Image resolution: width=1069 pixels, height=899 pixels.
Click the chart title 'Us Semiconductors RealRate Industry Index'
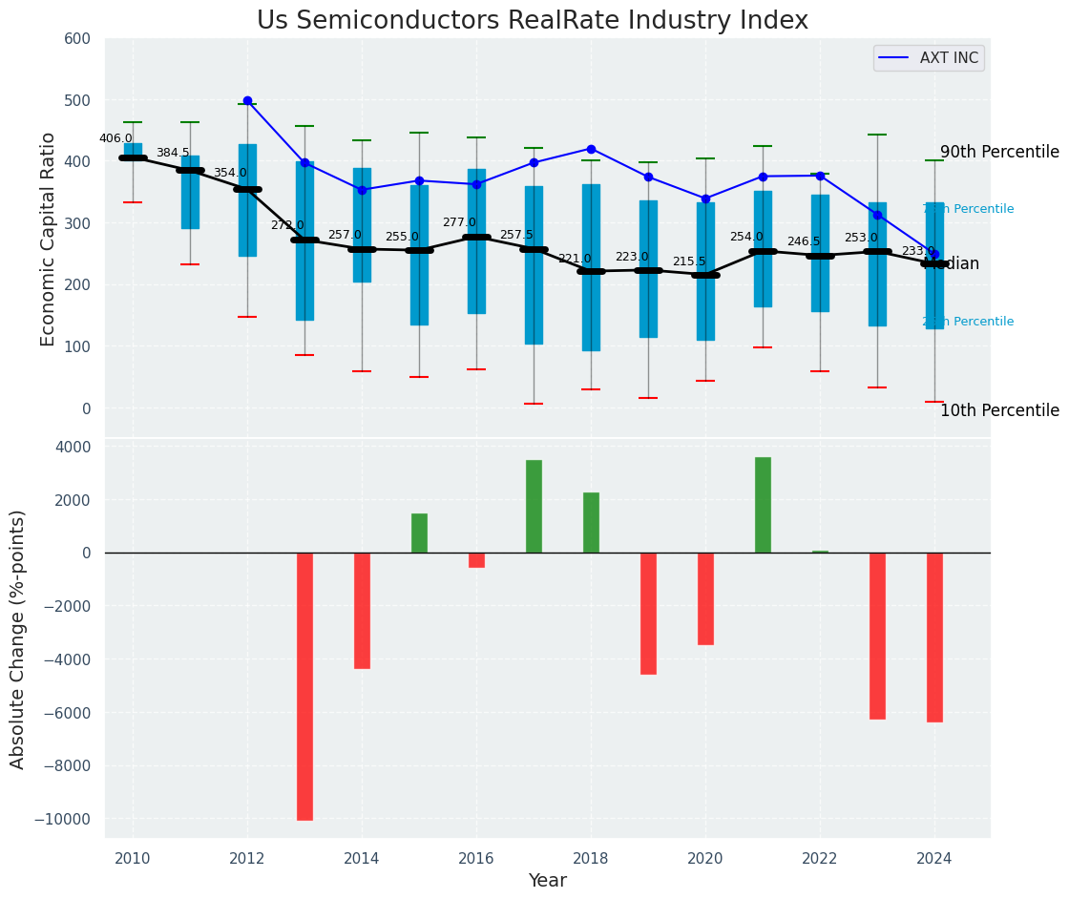click(x=533, y=21)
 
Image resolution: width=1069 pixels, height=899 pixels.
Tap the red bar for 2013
click(x=304, y=686)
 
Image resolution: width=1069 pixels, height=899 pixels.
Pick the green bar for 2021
click(x=763, y=505)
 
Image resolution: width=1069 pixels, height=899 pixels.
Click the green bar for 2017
click(x=534, y=506)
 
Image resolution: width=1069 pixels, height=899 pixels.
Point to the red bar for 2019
click(x=648, y=614)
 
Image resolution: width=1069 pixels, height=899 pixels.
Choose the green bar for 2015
click(x=419, y=533)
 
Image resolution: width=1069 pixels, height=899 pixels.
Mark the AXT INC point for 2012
click(x=247, y=100)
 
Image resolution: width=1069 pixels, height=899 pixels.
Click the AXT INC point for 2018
click(x=591, y=149)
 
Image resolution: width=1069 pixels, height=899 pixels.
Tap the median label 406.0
click(x=115, y=138)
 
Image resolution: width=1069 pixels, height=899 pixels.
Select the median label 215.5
click(x=689, y=261)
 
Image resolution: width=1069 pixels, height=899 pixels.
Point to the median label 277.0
click(x=459, y=222)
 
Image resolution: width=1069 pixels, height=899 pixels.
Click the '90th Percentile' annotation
click(x=999, y=153)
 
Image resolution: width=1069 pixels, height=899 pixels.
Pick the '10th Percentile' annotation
click(x=999, y=411)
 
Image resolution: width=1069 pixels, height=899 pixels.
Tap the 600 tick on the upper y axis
click(x=77, y=39)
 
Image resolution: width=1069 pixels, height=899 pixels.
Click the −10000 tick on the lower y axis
click(x=63, y=819)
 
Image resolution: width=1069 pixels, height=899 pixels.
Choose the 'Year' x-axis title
click(x=548, y=881)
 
